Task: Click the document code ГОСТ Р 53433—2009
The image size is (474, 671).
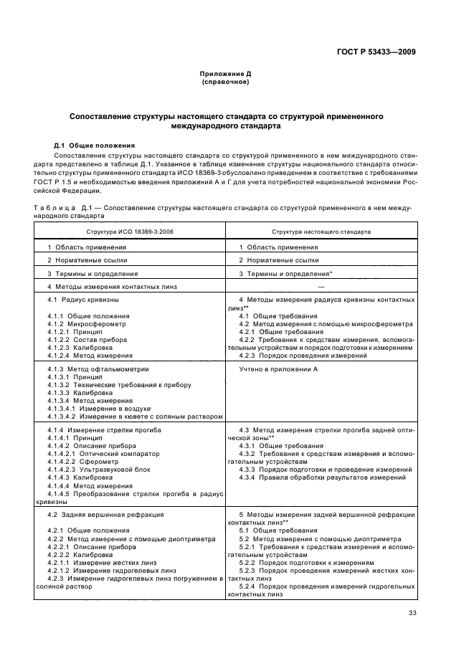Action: [x=379, y=51]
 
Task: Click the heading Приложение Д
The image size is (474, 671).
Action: [x=225, y=74]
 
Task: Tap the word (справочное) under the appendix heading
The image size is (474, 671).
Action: [x=225, y=82]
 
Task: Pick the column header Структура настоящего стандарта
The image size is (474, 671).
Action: [x=321, y=232]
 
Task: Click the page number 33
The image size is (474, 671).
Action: [x=412, y=612]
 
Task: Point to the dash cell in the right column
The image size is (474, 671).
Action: [x=321, y=286]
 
